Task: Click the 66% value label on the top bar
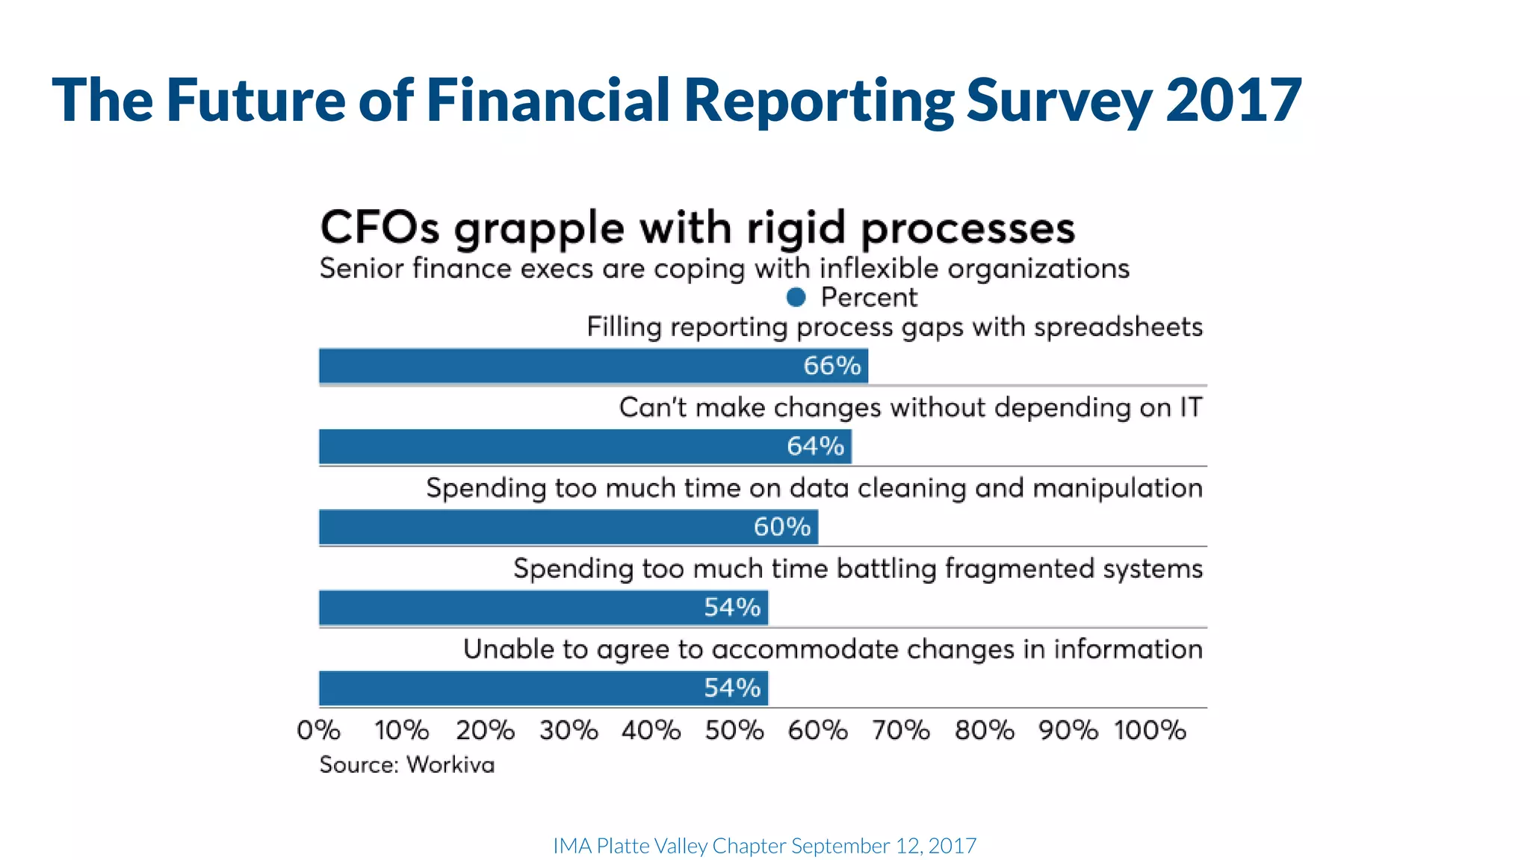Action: tap(831, 366)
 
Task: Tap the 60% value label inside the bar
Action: tap(781, 527)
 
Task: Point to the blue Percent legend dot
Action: tap(796, 298)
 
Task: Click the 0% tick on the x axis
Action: tap(319, 730)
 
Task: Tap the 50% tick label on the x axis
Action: tap(734, 730)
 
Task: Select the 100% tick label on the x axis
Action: tap(1150, 730)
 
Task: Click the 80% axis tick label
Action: tap(984, 730)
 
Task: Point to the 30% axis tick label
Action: tap(569, 730)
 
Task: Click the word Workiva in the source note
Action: tap(450, 765)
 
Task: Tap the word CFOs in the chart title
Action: tap(380, 228)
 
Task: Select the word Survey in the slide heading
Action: tap(1059, 100)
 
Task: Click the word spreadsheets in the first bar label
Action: tap(1118, 328)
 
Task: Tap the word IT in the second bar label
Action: tap(1191, 408)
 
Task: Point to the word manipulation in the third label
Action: tap(1118, 488)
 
